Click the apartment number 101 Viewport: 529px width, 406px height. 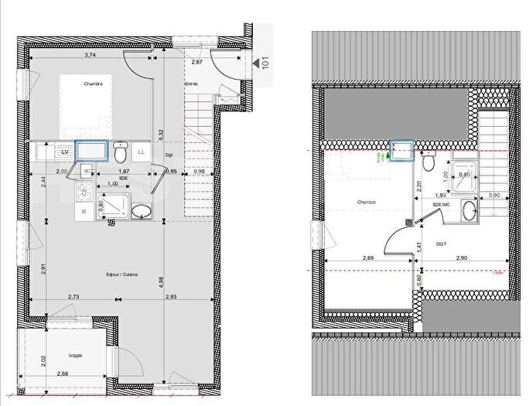pos(265,62)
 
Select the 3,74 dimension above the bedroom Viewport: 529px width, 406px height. pos(90,55)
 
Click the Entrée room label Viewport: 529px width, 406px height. pos(191,84)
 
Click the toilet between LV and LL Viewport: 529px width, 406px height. pos(120,148)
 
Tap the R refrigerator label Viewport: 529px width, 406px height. pos(83,210)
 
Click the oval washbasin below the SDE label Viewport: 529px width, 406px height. pos(142,211)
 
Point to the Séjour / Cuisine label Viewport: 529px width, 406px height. pos(121,275)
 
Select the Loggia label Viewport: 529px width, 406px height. pos(75,355)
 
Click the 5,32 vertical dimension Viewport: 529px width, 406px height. pos(160,134)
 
